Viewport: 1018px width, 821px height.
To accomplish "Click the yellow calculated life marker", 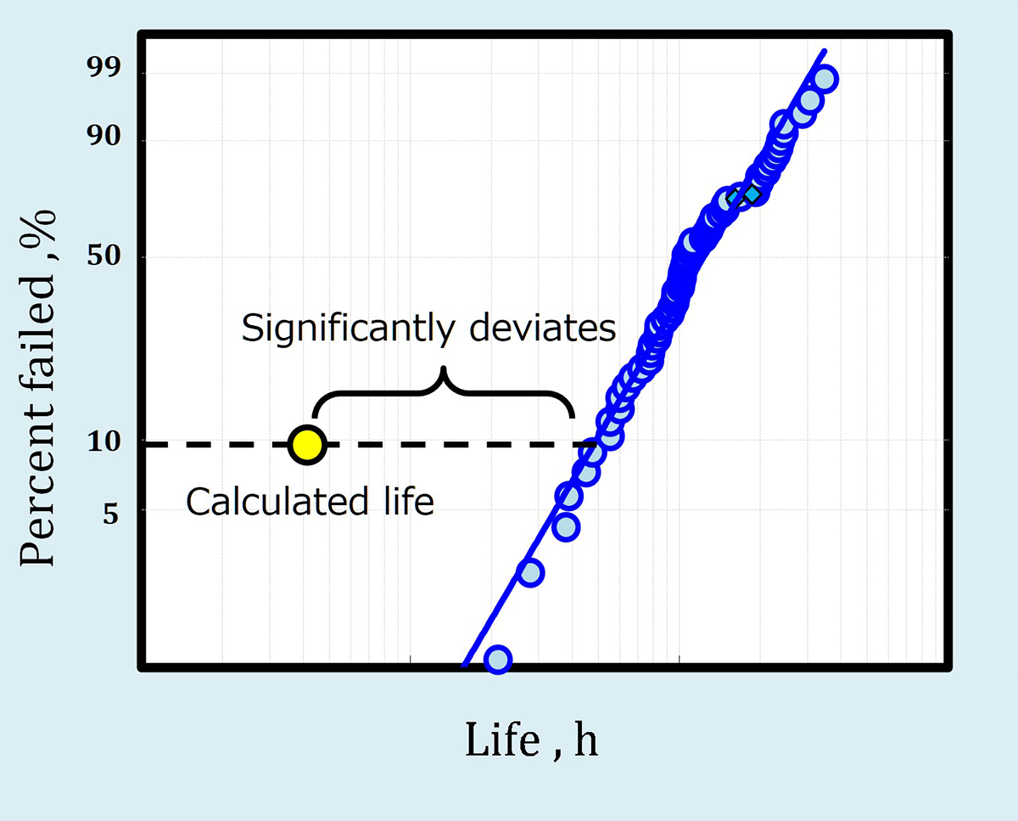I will coord(306,444).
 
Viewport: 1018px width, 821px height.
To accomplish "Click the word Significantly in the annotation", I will coord(348,328).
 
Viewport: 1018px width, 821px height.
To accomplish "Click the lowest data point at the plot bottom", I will coord(498,659).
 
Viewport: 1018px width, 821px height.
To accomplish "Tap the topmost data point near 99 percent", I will coord(825,80).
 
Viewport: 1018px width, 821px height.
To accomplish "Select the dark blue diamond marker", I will coord(751,194).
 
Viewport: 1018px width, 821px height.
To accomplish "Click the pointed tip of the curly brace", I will coord(442,371).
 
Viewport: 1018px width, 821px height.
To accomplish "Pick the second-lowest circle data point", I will coord(530,573).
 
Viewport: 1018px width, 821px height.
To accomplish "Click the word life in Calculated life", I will coord(408,502).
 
